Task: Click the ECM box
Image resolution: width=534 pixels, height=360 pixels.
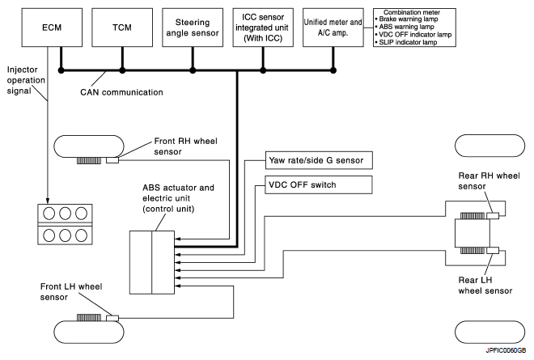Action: click(x=52, y=28)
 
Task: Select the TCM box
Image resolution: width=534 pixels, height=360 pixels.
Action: click(x=122, y=28)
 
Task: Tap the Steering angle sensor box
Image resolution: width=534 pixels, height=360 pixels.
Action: click(x=193, y=28)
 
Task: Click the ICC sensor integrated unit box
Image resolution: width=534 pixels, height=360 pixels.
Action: click(x=263, y=28)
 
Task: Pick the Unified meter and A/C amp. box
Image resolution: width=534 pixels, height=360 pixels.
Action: click(x=333, y=28)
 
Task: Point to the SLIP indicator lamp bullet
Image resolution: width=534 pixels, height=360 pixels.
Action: click(x=406, y=42)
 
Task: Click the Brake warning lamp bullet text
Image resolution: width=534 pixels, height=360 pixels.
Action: click(x=406, y=19)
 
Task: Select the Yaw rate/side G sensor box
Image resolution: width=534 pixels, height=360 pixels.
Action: click(x=319, y=160)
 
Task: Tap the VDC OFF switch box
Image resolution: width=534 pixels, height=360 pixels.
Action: click(x=319, y=185)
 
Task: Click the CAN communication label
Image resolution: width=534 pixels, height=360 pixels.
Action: click(x=121, y=92)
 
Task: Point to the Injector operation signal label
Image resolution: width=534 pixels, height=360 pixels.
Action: click(x=26, y=80)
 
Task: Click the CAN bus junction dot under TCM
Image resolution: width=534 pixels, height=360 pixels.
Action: click(x=122, y=70)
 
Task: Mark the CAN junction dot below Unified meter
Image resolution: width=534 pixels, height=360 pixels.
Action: click(x=333, y=70)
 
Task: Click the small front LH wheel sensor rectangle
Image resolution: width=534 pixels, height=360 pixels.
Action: click(x=112, y=318)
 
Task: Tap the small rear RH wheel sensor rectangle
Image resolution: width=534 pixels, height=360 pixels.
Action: click(x=493, y=215)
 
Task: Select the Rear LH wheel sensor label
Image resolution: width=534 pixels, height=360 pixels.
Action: click(x=485, y=286)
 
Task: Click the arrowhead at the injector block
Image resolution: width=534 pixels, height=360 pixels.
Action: click(x=48, y=201)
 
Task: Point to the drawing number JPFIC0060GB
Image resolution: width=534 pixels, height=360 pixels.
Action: click(x=506, y=350)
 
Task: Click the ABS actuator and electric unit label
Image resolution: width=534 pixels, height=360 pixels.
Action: click(x=178, y=198)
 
